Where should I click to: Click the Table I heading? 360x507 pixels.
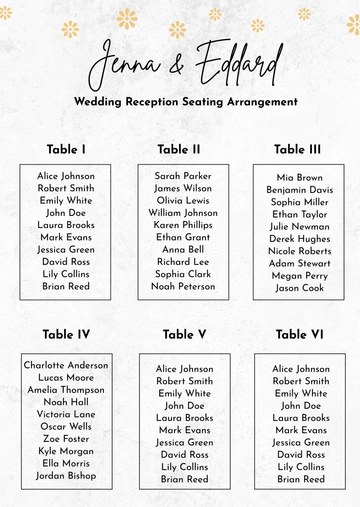pos(66,150)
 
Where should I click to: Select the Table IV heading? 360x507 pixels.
pos(66,334)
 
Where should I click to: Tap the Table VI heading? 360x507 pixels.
pos(298,334)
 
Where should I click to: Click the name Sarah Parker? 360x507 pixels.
pos(183,176)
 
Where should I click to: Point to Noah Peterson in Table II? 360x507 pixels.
pos(183,286)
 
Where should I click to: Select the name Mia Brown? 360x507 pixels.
pos(300,178)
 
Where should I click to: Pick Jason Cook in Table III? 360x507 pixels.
pos(300,288)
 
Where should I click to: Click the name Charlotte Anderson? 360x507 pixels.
pos(66,365)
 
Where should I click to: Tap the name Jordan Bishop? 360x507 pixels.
pos(66,475)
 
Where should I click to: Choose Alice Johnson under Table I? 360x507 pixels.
pos(66,176)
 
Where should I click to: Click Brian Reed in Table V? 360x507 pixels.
pos(185,479)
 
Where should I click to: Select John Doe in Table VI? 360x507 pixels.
pos(301,406)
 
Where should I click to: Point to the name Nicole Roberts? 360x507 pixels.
pos(300,251)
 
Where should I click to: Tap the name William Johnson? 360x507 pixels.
pos(183,213)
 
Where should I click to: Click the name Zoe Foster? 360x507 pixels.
pos(66,438)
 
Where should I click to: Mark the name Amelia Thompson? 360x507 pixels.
pos(66,390)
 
